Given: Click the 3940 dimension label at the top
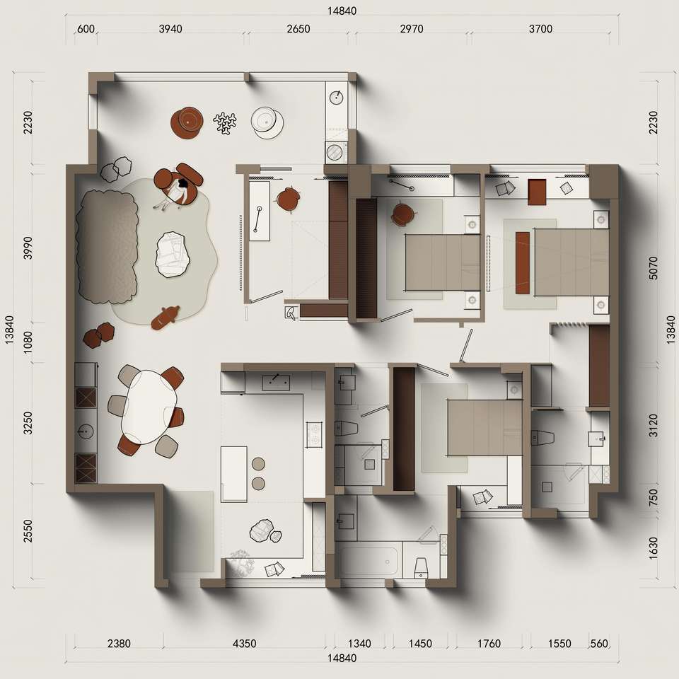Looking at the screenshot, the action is (x=170, y=29).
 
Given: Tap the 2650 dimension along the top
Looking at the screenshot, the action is (x=298, y=29).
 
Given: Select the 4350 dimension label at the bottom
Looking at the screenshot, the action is (x=244, y=644).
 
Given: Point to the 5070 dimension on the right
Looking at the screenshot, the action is (x=654, y=267).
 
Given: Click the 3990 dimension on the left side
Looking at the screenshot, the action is (x=28, y=248).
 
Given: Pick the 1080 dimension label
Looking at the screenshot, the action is (x=28, y=342).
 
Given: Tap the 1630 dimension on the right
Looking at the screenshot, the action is (x=654, y=548).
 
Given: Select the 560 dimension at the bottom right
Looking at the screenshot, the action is (x=599, y=644).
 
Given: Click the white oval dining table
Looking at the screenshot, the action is (x=149, y=406).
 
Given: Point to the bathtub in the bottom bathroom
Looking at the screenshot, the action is (x=368, y=562).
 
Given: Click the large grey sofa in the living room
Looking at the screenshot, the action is (x=107, y=247).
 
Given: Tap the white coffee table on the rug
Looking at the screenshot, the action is (x=173, y=255).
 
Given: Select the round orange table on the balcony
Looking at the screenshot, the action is (x=187, y=122).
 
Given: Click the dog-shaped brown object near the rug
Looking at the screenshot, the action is (x=165, y=317).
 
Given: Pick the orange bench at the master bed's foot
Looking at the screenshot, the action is (x=523, y=263).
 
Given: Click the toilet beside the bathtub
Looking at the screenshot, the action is (x=421, y=568).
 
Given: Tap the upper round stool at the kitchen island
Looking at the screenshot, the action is (x=258, y=464).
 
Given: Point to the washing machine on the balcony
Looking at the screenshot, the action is (x=335, y=152).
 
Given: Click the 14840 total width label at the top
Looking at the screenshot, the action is (x=342, y=11).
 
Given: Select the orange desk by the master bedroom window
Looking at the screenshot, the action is (x=537, y=192).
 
